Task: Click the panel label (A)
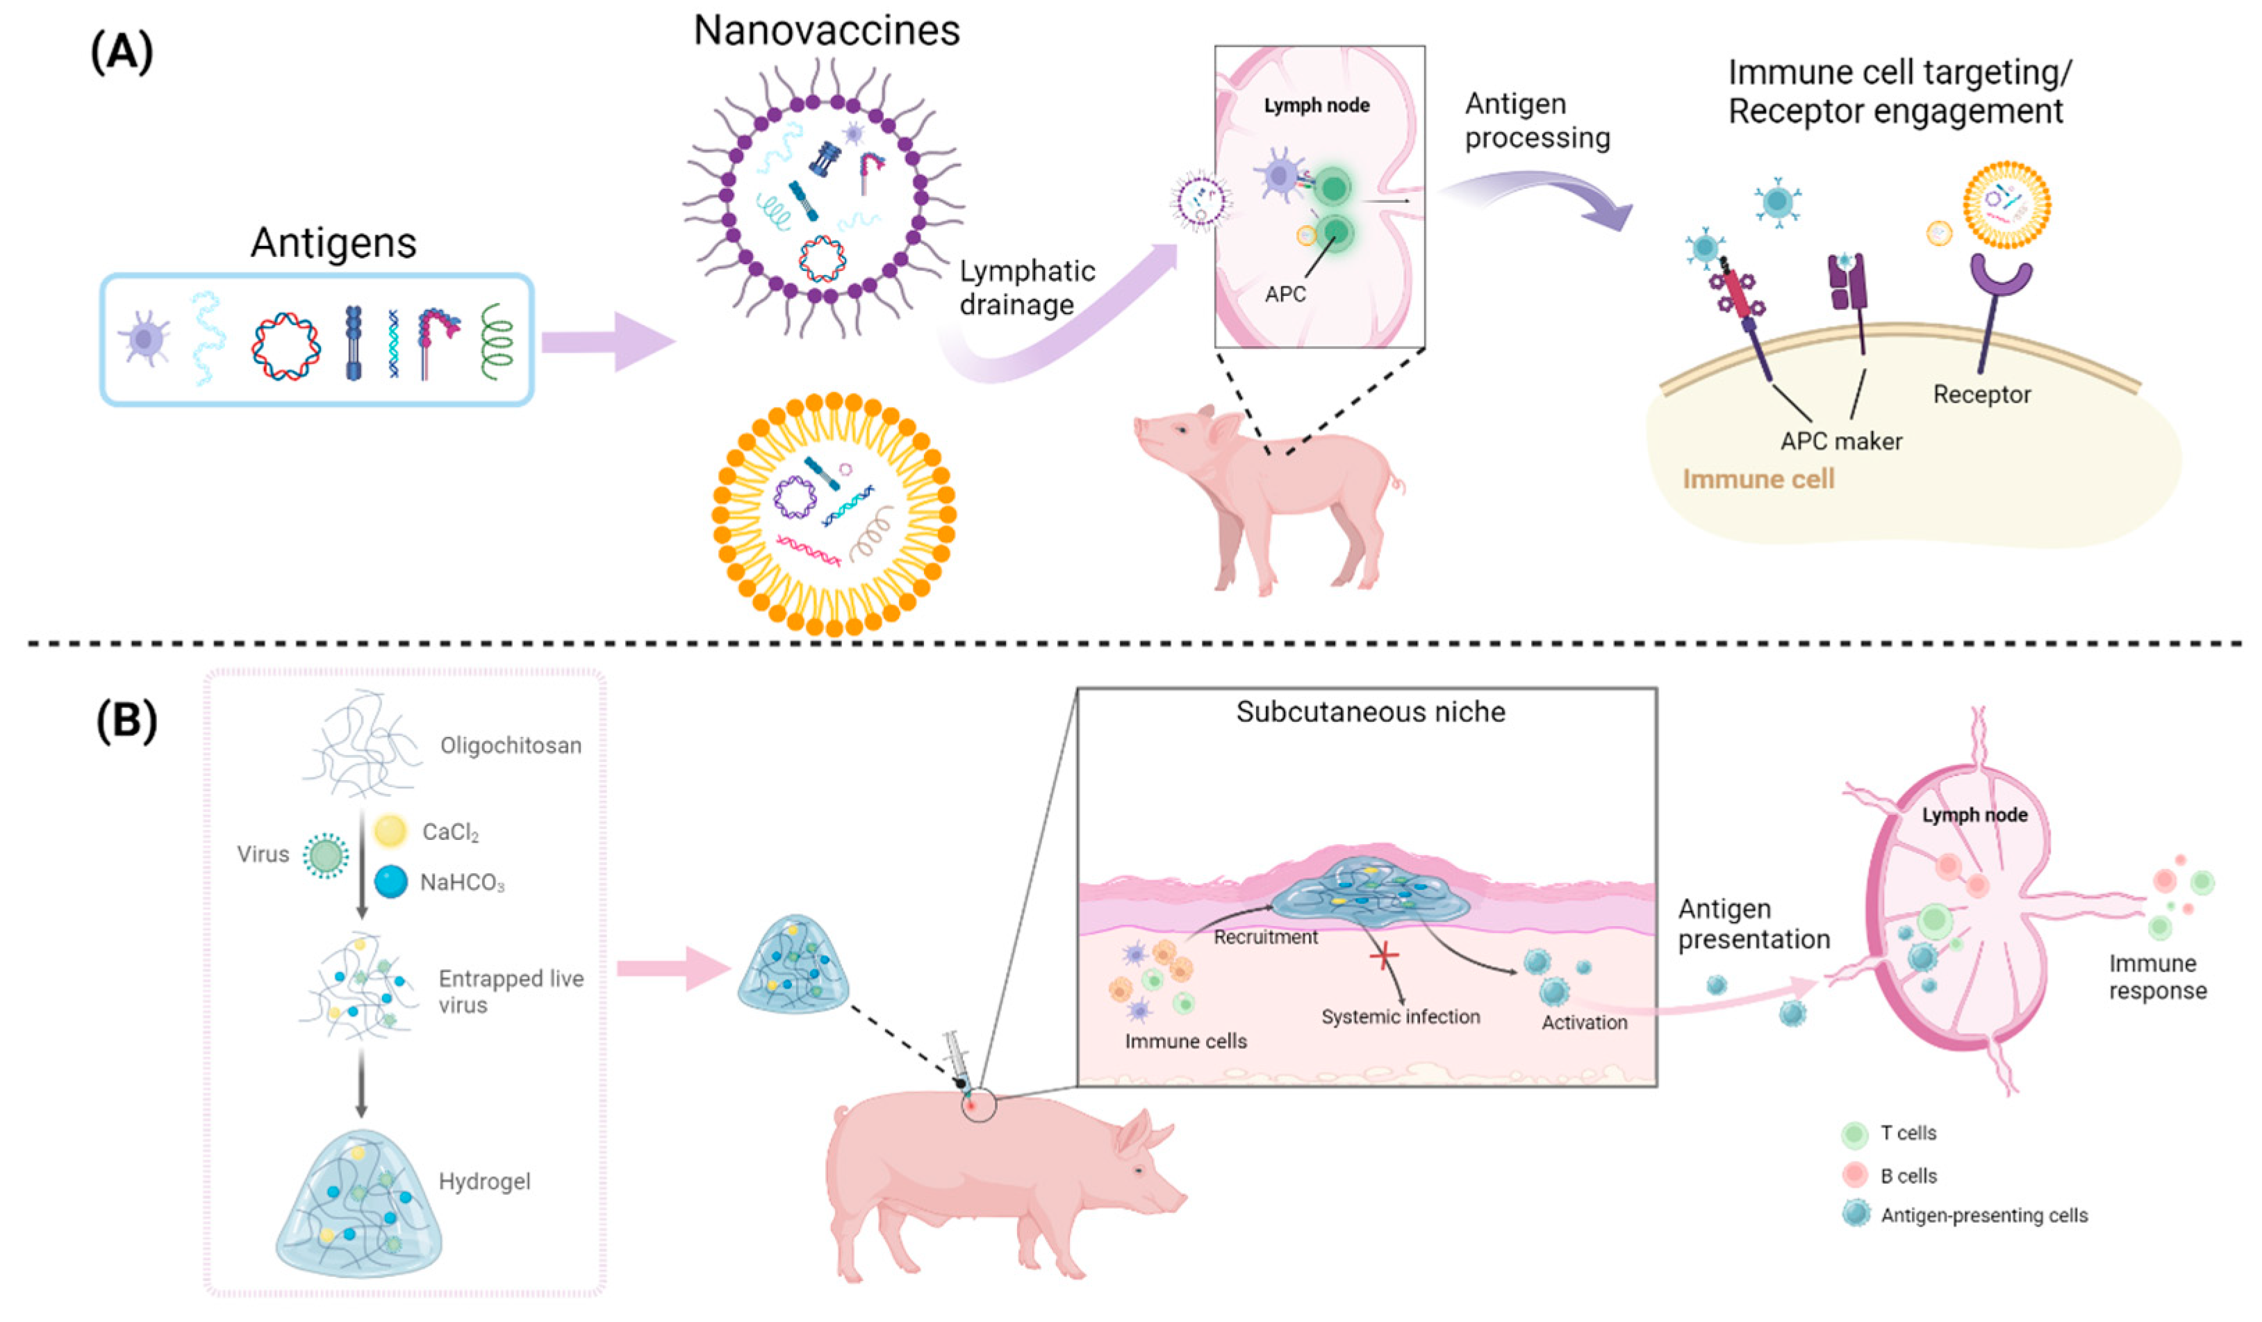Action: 122,52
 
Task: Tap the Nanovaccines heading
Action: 826,31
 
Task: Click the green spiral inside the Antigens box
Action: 497,341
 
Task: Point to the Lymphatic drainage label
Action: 1027,287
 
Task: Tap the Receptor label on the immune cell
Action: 1981,394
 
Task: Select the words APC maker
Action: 1841,440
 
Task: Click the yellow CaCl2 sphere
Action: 390,831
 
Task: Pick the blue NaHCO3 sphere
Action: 390,882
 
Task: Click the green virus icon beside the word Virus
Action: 325,854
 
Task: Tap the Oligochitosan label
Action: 510,745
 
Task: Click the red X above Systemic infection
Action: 1383,956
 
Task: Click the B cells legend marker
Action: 1854,1175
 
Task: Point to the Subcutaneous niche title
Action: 1370,711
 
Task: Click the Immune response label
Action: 2157,977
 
